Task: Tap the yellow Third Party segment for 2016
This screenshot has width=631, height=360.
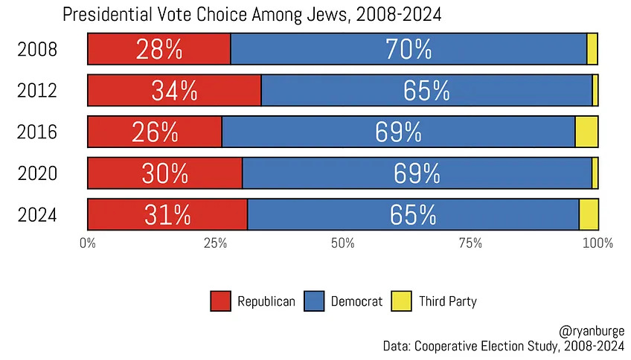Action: [x=586, y=132]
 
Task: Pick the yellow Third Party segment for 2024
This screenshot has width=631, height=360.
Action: [x=589, y=214]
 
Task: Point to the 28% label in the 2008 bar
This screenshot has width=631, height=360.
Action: [x=158, y=49]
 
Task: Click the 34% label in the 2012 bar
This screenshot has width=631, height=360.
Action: [x=174, y=90]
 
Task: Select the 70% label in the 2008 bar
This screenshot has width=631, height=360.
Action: [x=408, y=49]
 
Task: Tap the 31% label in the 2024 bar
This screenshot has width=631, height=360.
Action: [x=167, y=214]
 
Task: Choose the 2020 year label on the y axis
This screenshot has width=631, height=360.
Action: [x=37, y=173]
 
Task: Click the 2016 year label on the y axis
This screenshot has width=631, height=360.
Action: [x=37, y=132]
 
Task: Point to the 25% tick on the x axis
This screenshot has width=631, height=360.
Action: [x=215, y=242]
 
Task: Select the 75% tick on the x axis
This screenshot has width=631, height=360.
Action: [x=470, y=242]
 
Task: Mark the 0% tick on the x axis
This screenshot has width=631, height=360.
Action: [x=88, y=242]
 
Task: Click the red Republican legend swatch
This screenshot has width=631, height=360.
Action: [x=221, y=301]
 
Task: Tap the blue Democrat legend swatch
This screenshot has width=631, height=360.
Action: [x=315, y=301]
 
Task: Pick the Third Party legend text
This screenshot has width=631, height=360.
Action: [x=447, y=301]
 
